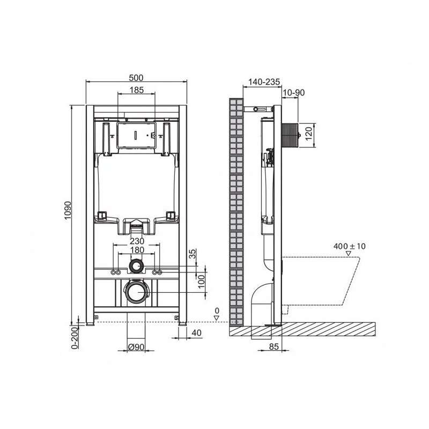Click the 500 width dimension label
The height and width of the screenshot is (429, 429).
136,78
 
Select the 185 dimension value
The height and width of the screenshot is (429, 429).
137,90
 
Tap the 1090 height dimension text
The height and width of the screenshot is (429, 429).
68,210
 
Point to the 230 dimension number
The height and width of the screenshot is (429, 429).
137,241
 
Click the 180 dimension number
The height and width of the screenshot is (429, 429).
137,250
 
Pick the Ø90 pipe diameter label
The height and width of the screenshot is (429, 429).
136,347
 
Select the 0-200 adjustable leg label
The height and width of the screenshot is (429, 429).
75,338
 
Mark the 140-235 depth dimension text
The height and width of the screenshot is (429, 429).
264,82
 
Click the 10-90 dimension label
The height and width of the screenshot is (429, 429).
293,93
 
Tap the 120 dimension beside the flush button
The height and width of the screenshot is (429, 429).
308,134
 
